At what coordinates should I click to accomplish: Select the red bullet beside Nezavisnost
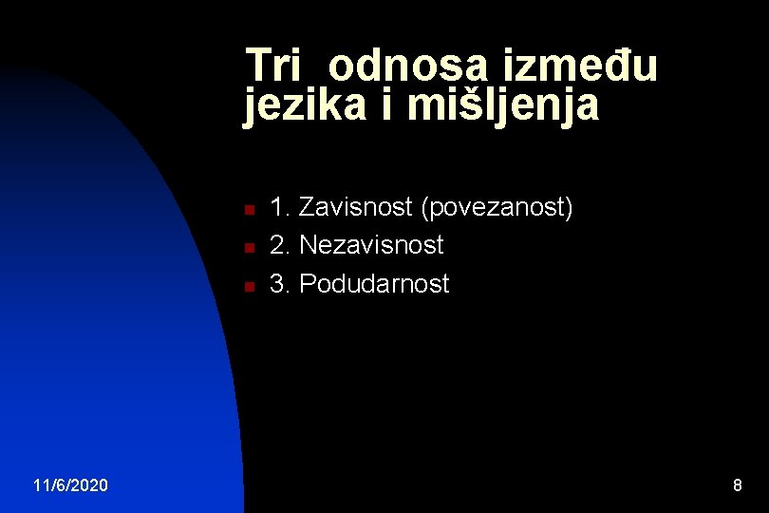tap(246, 247)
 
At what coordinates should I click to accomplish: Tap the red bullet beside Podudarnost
tap(246, 285)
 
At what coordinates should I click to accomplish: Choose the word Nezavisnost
tap(371, 245)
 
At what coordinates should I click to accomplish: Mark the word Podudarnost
tap(374, 283)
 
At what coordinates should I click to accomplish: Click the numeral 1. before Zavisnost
tap(281, 207)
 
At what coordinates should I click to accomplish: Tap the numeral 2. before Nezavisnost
tap(281, 245)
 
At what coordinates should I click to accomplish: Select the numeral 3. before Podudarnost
tap(281, 283)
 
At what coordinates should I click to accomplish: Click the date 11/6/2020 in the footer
tap(70, 485)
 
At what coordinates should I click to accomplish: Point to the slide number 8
tap(737, 485)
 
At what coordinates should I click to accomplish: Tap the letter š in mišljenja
tap(459, 105)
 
